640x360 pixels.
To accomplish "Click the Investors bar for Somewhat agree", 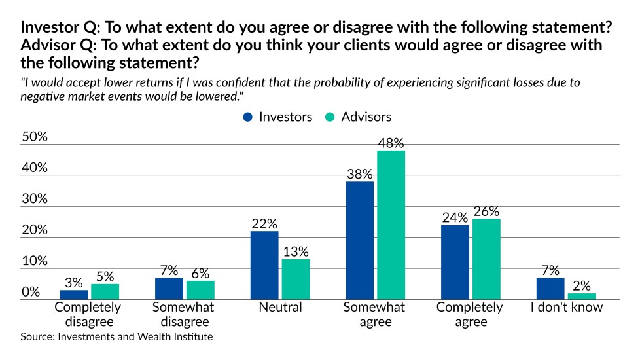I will coord(360,240).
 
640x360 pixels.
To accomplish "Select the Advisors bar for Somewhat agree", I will coord(391,225).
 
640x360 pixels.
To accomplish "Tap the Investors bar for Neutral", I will coord(264,265).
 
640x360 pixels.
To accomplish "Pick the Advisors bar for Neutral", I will coord(295,279).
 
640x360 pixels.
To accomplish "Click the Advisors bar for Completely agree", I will coord(486,259).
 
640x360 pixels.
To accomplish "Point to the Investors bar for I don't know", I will coord(550,288).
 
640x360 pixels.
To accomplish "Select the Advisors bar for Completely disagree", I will coord(105,291).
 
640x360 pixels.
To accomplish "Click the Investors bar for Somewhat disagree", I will coord(169,288).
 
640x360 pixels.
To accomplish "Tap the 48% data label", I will coord(391,143).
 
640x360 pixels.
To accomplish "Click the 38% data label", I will coord(360,174).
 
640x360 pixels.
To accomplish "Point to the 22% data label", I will coord(264,223).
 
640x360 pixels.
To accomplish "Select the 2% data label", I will coord(582,285).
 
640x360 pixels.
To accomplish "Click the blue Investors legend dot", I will coord(248,117).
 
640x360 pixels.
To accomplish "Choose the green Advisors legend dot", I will coord(331,117).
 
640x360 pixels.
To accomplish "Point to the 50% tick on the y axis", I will coord(35,137).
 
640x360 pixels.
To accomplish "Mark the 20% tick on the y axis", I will coord(35,230).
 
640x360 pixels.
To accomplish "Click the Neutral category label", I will coord(280,307).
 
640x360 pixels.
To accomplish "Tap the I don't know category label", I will coord(566,307).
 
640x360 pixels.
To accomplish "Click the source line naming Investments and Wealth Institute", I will coord(116,337).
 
